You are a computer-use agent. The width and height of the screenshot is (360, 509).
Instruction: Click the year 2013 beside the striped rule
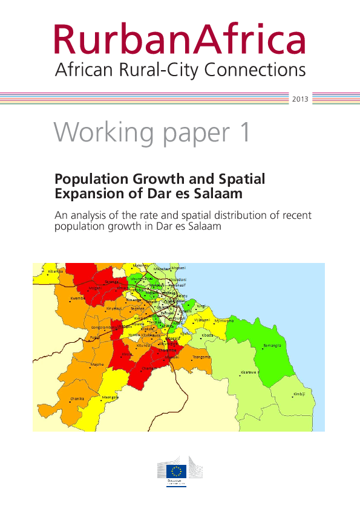(x=301, y=98)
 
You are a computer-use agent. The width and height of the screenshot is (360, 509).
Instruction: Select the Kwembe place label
(x=77, y=298)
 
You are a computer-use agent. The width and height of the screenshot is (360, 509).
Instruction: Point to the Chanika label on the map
(x=77, y=399)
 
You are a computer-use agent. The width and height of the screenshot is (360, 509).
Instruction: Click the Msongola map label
(x=110, y=397)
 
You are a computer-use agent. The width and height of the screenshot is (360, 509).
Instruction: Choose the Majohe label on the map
(x=97, y=365)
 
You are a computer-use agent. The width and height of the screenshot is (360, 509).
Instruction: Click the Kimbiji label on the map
(x=299, y=394)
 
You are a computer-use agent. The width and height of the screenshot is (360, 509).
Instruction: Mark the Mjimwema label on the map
(x=224, y=320)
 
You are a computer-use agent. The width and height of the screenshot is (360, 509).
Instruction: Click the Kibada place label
(x=208, y=334)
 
